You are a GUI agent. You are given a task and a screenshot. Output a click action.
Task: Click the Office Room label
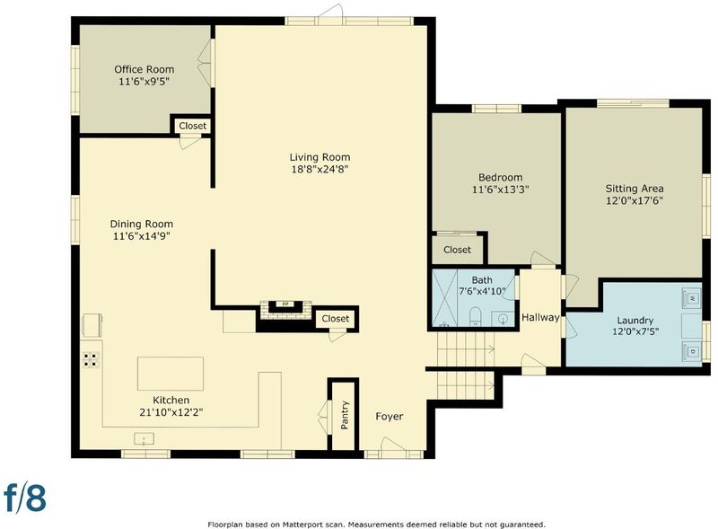[144, 69]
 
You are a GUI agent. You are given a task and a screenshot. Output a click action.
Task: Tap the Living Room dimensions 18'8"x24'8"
[320, 169]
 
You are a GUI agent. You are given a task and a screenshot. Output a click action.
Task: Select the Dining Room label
[142, 224]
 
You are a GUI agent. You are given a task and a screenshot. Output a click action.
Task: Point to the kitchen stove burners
[92, 359]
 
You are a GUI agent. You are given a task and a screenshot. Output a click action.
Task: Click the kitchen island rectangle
[171, 374]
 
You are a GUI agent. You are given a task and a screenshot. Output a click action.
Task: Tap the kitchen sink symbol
[144, 438]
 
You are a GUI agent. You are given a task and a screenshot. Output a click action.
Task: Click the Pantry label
[345, 415]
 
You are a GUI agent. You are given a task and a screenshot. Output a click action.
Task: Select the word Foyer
[390, 416]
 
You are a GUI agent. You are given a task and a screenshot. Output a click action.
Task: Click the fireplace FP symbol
[285, 304]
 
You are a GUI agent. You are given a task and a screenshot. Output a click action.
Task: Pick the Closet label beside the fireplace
[335, 319]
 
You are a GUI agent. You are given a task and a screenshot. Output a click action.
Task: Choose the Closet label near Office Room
[192, 126]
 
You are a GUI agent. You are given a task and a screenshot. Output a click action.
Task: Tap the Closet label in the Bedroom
[457, 250]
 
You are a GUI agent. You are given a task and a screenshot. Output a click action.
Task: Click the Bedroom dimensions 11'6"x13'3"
[501, 190]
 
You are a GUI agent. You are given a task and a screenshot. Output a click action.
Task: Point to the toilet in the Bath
[476, 317]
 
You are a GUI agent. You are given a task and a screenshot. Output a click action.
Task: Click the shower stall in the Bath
[444, 298]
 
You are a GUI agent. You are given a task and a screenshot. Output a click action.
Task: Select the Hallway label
[540, 317]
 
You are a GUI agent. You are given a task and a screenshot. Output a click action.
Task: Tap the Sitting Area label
[635, 189]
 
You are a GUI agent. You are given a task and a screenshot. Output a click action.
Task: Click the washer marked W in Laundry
[691, 298]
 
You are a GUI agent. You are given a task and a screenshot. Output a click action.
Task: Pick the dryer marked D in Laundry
[691, 351]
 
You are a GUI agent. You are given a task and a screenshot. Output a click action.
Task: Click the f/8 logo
[25, 497]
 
